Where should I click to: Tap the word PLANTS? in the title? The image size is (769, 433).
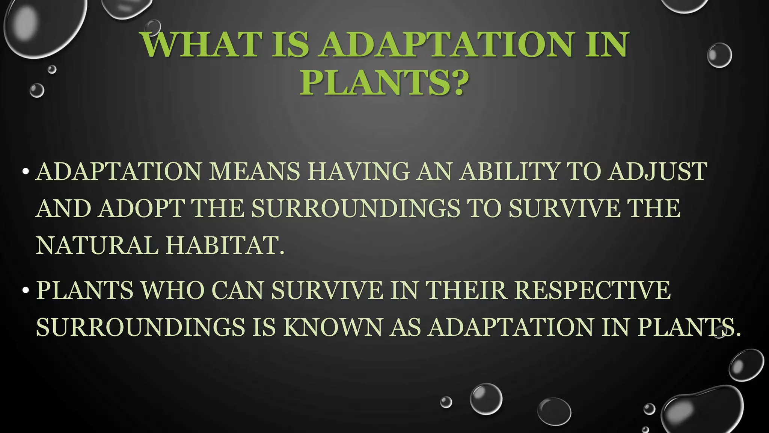point(384,82)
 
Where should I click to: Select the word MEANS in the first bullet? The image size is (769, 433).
point(254,172)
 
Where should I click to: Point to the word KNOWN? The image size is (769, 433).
point(333,327)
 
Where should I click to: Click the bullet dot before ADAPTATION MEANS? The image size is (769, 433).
point(26,172)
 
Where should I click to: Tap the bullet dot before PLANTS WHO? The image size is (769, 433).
point(26,291)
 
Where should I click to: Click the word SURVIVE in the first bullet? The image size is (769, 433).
point(564,209)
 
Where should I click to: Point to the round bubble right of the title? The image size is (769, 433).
point(719,55)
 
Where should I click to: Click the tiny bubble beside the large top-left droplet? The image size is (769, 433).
point(52,69)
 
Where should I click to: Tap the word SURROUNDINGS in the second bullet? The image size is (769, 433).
point(140,327)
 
